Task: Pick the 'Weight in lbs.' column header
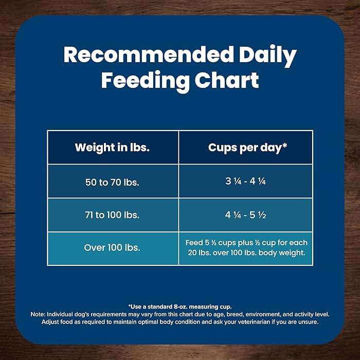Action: point(112,147)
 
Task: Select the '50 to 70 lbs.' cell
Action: point(112,182)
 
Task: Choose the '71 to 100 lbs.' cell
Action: point(112,214)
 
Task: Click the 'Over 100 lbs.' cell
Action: point(112,247)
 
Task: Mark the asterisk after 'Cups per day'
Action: point(285,146)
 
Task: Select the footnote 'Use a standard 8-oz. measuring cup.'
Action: point(179,307)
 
